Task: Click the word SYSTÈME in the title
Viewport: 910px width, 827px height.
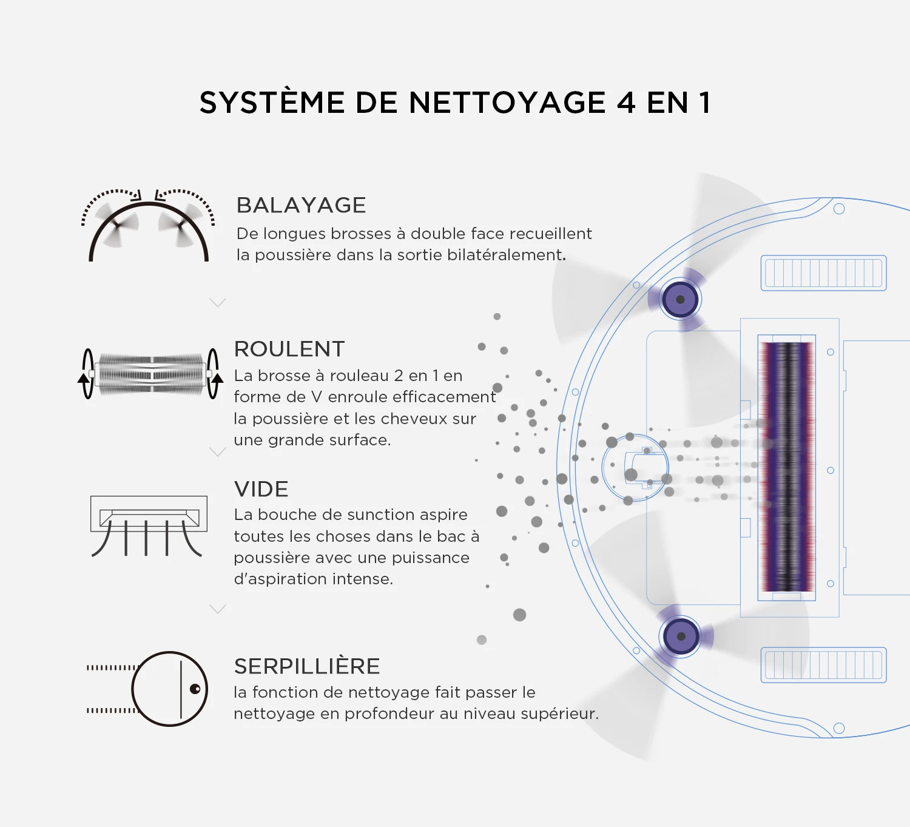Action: pyautogui.click(x=272, y=103)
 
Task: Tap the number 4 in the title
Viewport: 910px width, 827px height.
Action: pyautogui.click(x=625, y=103)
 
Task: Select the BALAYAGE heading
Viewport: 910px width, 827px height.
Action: pyautogui.click(x=301, y=205)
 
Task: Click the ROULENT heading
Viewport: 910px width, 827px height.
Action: pyautogui.click(x=289, y=349)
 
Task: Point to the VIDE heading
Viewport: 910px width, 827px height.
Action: pyautogui.click(x=261, y=489)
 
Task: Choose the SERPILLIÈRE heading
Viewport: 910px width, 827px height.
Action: pyautogui.click(x=306, y=666)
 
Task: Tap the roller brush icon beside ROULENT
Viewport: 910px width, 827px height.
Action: pyautogui.click(x=150, y=374)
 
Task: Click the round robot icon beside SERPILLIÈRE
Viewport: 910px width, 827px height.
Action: pyautogui.click(x=170, y=689)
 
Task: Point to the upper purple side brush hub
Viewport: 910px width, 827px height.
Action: pyautogui.click(x=680, y=299)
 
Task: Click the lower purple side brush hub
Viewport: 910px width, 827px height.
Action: pyautogui.click(x=681, y=636)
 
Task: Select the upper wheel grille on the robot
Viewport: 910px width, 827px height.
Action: pyautogui.click(x=823, y=273)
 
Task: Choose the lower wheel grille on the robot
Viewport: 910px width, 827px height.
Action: pyautogui.click(x=823, y=665)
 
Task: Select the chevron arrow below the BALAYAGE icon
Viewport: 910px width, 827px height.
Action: pyautogui.click(x=217, y=302)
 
